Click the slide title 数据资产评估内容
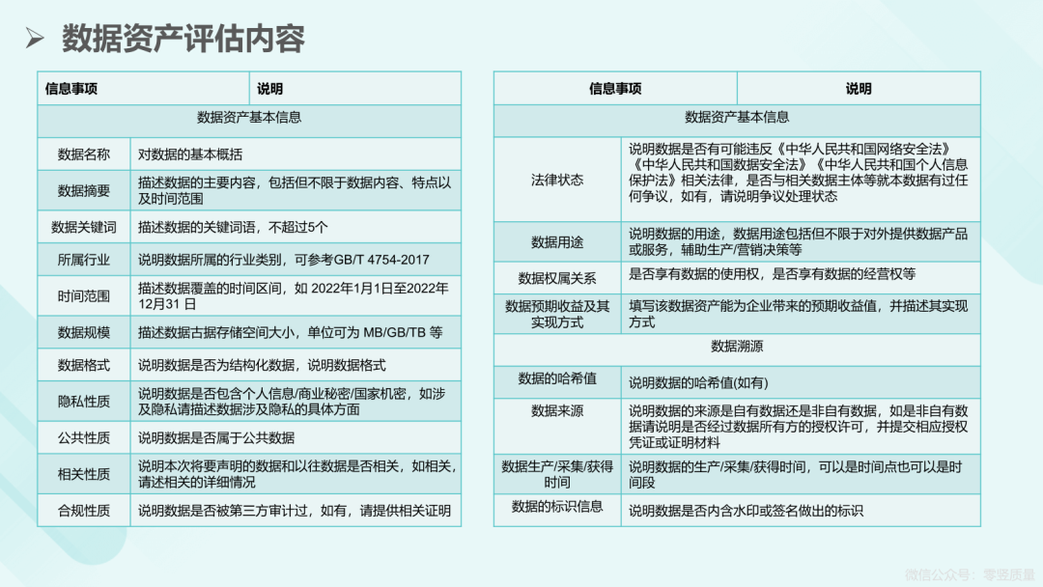click(x=183, y=38)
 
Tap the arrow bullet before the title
click(x=35, y=38)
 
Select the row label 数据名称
click(x=84, y=154)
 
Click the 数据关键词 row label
click(x=84, y=227)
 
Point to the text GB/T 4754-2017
click(x=381, y=260)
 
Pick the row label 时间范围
click(x=84, y=295)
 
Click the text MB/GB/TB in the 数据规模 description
click(x=394, y=332)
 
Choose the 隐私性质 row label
click(x=84, y=401)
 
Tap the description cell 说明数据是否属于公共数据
click(x=216, y=437)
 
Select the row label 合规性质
click(x=84, y=511)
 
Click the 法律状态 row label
click(x=557, y=180)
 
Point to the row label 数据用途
click(x=557, y=242)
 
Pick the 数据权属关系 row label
click(x=557, y=278)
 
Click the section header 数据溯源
click(x=737, y=346)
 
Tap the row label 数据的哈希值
click(x=557, y=378)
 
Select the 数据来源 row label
click(x=557, y=411)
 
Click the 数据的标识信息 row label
click(x=557, y=506)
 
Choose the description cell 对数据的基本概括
click(x=190, y=154)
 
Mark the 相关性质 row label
click(x=84, y=474)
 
